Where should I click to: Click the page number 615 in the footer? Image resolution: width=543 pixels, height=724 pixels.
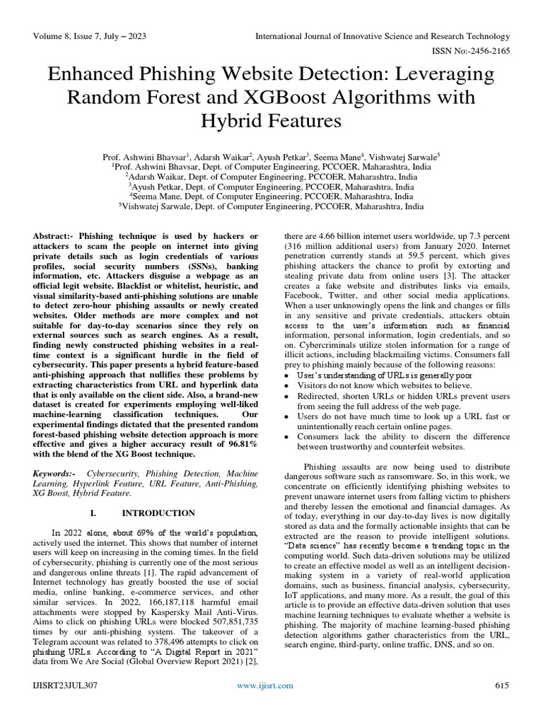click(x=502, y=706)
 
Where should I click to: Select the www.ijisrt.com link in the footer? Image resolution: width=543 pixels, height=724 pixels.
click(x=266, y=706)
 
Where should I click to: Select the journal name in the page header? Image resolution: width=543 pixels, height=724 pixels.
click(x=382, y=36)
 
